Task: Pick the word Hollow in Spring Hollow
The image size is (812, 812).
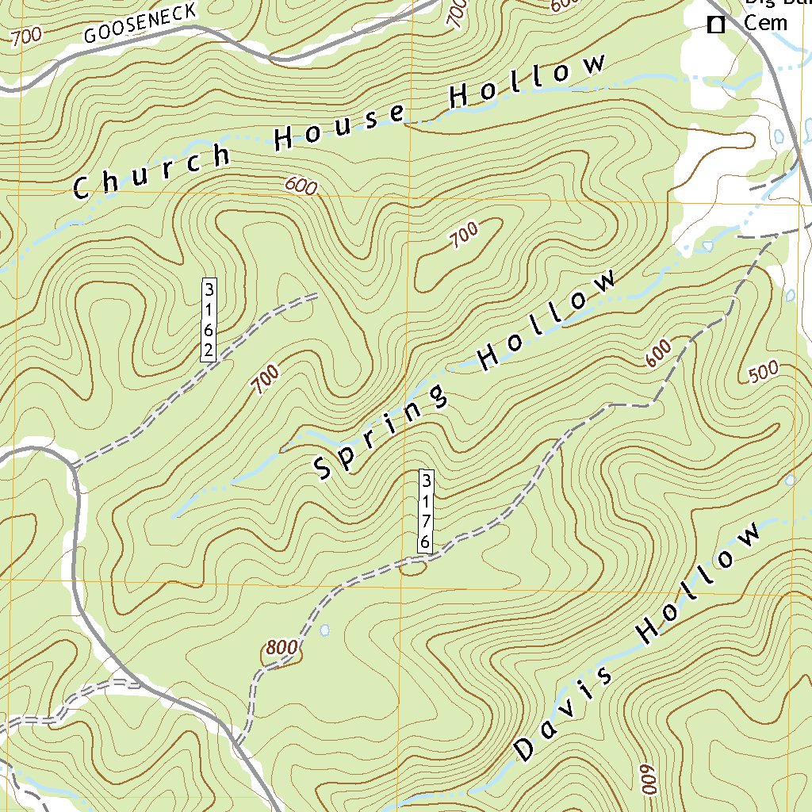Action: tap(547, 320)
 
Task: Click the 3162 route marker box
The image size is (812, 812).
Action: tap(209, 320)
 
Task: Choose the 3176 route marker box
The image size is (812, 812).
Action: tap(426, 511)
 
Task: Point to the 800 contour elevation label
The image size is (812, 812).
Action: tap(282, 648)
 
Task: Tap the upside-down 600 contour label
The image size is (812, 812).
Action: tap(646, 779)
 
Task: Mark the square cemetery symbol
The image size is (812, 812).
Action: tap(716, 25)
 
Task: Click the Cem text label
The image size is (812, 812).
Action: tap(765, 22)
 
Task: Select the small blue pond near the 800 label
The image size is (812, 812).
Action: tap(325, 630)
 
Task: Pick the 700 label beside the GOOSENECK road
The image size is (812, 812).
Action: tap(27, 36)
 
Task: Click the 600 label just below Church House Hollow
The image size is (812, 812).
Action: tap(301, 187)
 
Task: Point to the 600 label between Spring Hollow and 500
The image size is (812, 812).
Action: tap(659, 353)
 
